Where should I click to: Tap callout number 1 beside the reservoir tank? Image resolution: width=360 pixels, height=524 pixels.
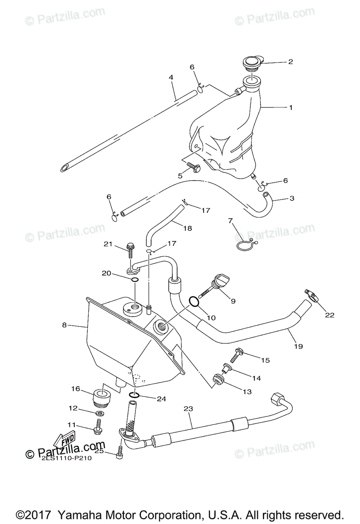(x=290, y=107)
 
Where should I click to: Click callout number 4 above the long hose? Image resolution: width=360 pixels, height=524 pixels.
(x=171, y=77)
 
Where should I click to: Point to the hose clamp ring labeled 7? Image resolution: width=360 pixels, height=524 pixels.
(x=246, y=245)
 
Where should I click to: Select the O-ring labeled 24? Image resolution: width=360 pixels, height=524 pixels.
(x=134, y=395)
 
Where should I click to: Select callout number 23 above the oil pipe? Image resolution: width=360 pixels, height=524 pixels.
(x=188, y=409)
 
